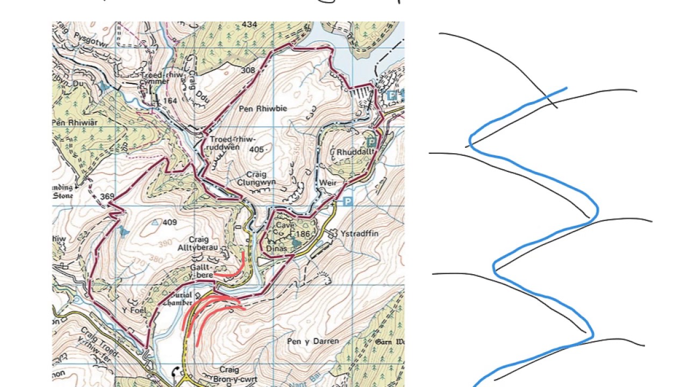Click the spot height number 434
tap(249, 25)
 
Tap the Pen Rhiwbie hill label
tap(263, 109)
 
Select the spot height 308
tap(248, 70)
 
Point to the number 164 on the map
tap(170, 101)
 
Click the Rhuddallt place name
tap(355, 153)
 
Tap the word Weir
tap(327, 183)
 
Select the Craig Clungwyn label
tap(256, 178)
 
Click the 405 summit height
tap(257, 149)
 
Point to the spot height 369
tap(107, 197)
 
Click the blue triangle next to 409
tap(155, 222)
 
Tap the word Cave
tap(285, 226)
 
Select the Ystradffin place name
tap(359, 234)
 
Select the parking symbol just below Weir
tap(347, 202)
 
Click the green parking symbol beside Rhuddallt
tap(371, 142)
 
